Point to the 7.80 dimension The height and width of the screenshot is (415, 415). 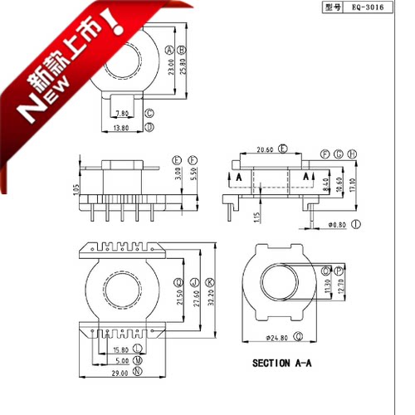[121, 113]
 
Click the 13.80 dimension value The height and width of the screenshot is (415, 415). [121, 128]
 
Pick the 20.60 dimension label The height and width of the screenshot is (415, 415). [266, 149]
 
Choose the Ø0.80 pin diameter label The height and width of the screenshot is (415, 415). [338, 224]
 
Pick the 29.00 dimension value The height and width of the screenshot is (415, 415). [121, 373]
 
